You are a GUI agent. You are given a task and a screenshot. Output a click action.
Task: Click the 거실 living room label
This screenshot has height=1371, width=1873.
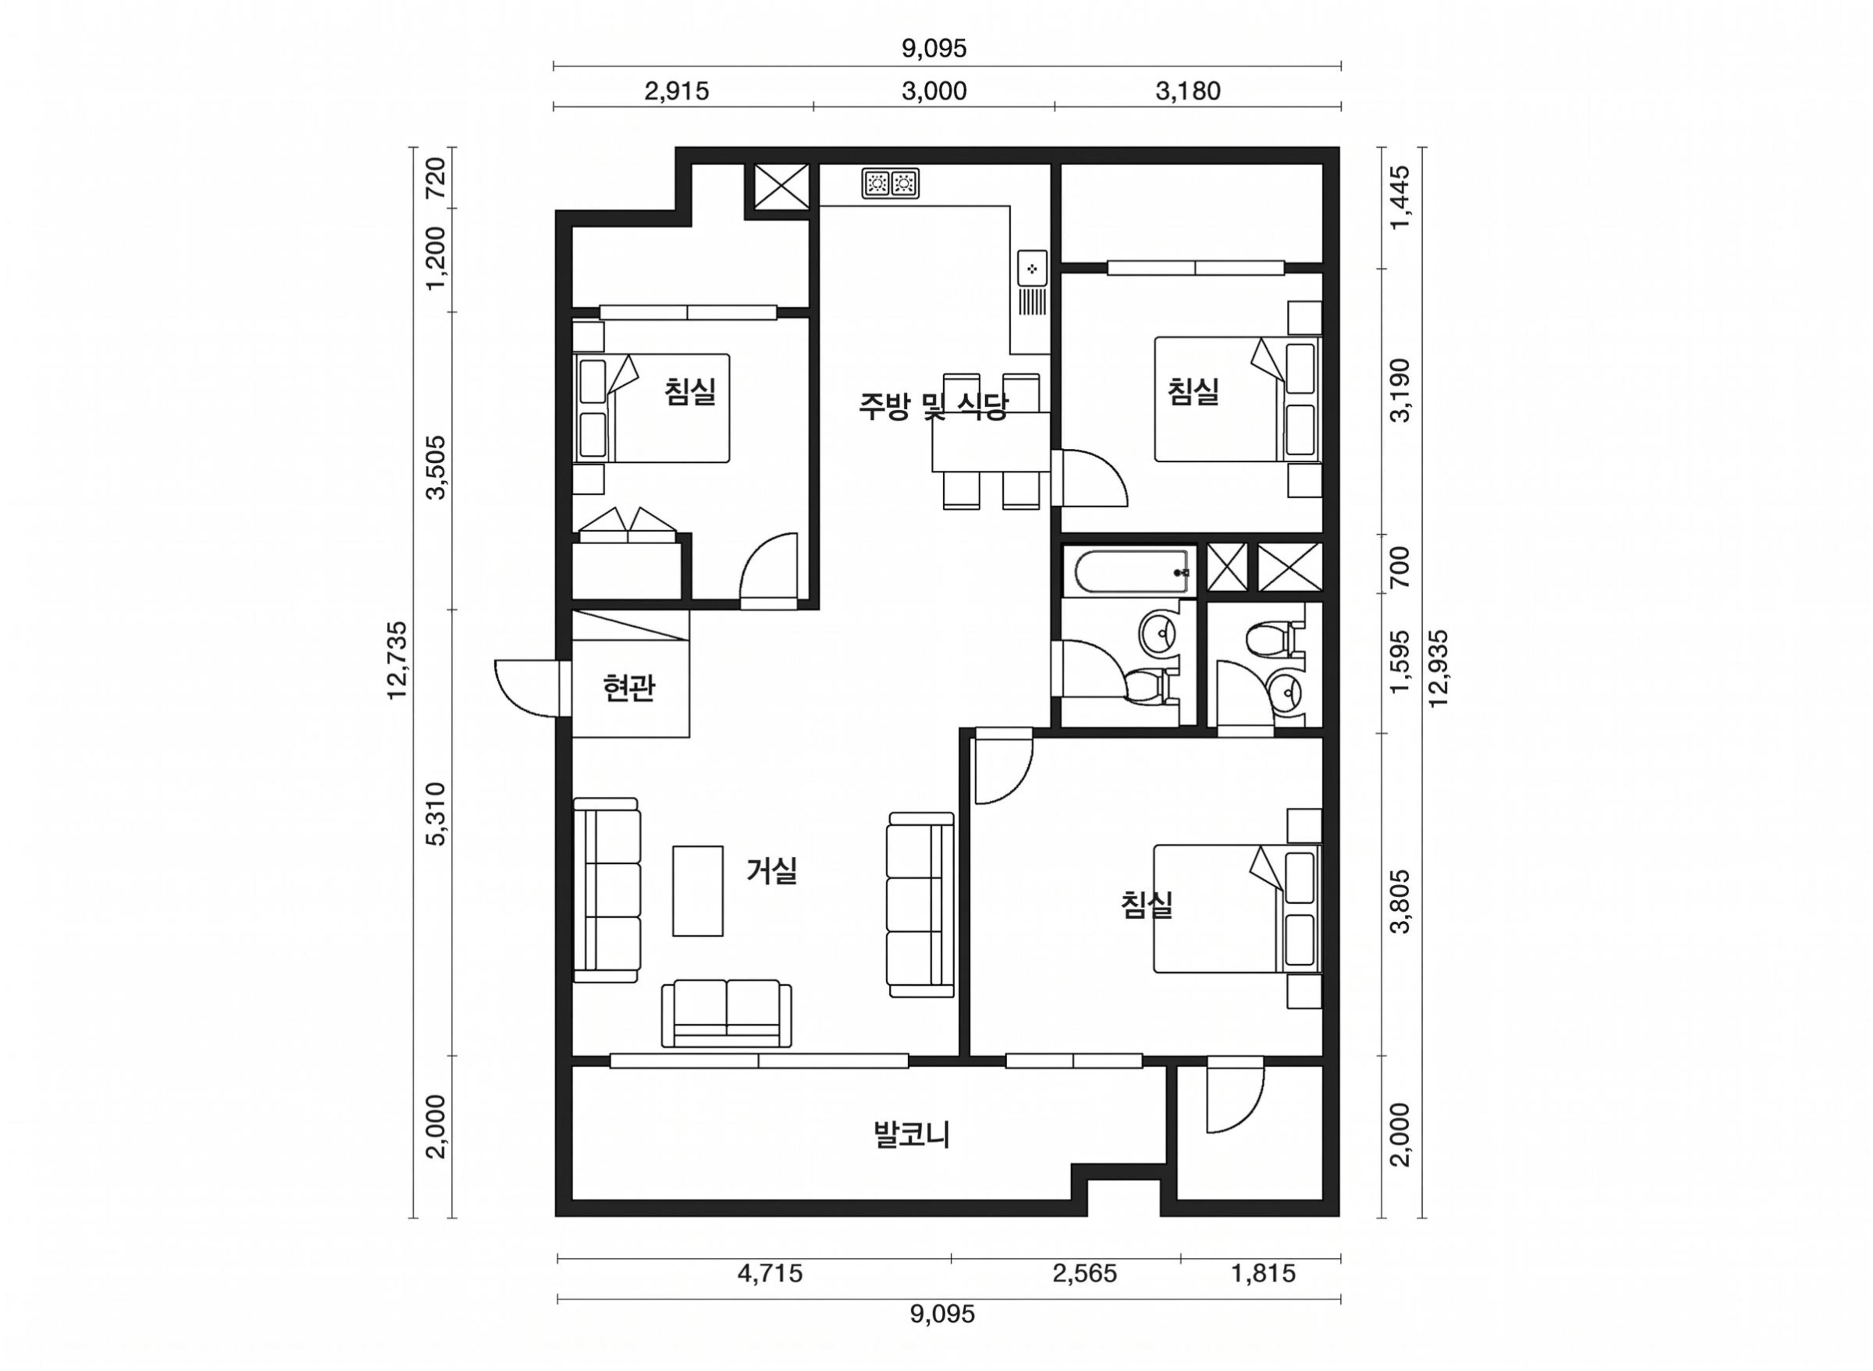point(771,871)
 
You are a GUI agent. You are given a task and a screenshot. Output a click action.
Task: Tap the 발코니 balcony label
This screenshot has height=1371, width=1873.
point(911,1134)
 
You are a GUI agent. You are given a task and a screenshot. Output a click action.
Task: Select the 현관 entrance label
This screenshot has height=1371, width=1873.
point(629,688)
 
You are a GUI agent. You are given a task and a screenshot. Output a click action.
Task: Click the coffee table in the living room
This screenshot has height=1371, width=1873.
point(697,891)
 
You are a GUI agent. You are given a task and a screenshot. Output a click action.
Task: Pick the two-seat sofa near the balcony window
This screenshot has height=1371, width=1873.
point(726,1013)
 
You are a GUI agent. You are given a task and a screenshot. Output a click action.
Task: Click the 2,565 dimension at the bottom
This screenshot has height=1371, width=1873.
point(1085,1272)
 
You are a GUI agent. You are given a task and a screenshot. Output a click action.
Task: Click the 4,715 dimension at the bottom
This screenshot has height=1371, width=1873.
point(770,1272)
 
